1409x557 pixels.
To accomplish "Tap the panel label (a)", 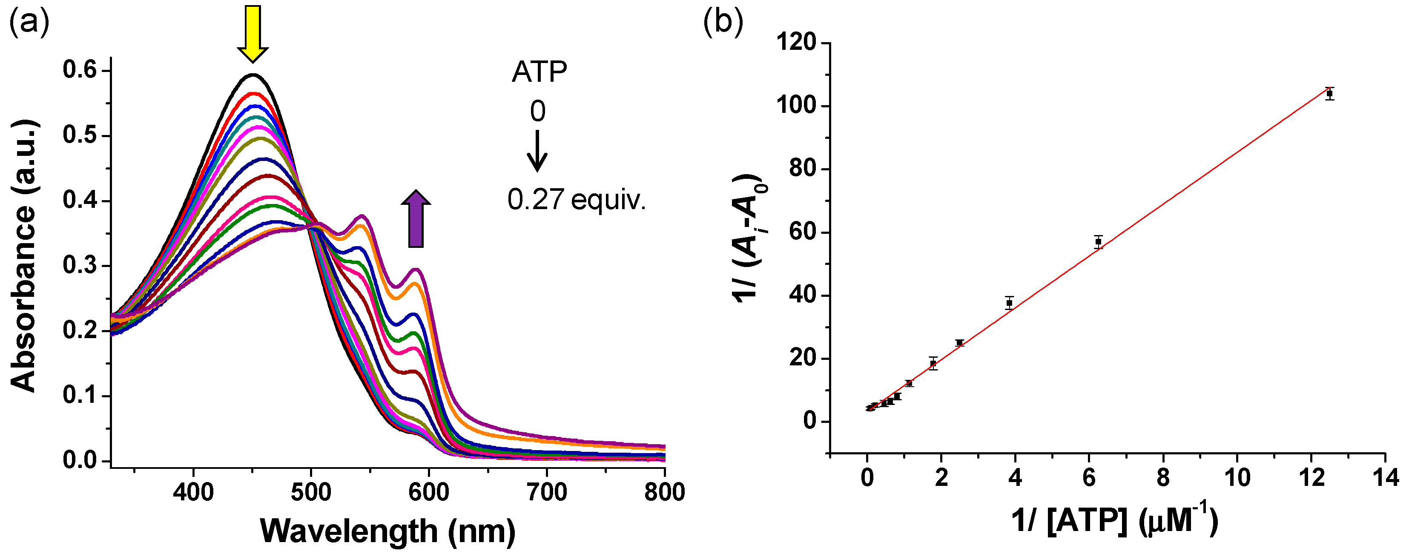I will pyautogui.click(x=29, y=22).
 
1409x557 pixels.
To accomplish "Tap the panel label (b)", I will pyautogui.click(x=723, y=22).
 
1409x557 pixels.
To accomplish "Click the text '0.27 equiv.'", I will pyautogui.click(x=577, y=200).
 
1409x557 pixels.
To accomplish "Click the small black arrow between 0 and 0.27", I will pyautogui.click(x=537, y=150).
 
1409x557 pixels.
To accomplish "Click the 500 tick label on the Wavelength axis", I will pyautogui.click(x=311, y=492).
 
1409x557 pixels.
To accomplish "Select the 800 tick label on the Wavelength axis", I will pyautogui.click(x=664, y=492).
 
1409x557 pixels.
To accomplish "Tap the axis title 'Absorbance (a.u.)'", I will pyautogui.click(x=23, y=256).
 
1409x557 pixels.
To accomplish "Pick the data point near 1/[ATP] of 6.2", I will pyautogui.click(x=1098, y=241).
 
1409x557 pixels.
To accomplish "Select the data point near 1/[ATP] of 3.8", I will pyautogui.click(x=1009, y=303).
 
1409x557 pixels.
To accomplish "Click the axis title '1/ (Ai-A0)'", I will pyautogui.click(x=749, y=238).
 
